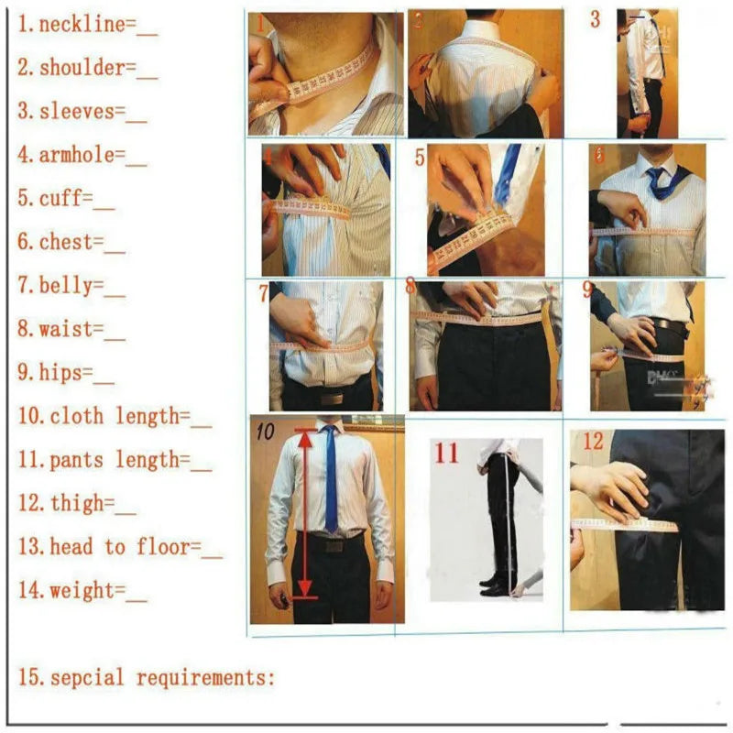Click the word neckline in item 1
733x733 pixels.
pos(81,25)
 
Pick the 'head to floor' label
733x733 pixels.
pos(124,547)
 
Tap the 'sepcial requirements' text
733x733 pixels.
pos(160,678)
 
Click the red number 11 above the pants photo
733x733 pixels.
pos(446,453)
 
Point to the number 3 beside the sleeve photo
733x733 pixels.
pos(596,19)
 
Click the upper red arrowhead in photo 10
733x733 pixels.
pos(304,438)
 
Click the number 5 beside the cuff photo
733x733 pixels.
pos(420,157)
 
